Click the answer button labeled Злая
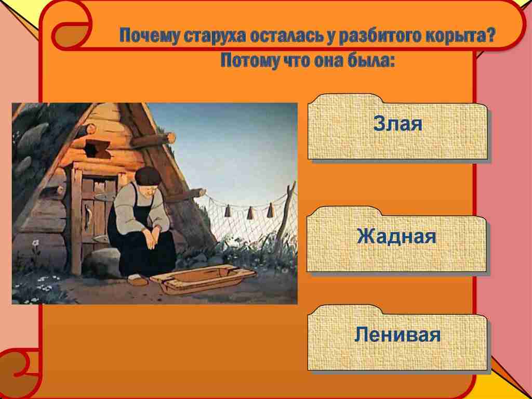397,126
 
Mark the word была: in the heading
371,61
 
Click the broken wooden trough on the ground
203,278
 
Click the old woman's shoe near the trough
137,279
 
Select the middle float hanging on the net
250,213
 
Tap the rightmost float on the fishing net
270,210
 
